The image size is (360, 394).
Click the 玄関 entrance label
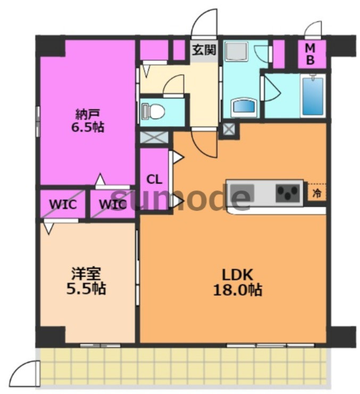click(x=204, y=50)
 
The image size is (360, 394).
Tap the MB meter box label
click(x=310, y=54)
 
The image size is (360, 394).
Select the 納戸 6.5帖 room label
click(x=88, y=121)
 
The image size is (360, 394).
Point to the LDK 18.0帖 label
click(x=237, y=282)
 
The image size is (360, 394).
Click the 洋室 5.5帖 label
click(x=86, y=281)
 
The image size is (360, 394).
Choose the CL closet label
click(x=154, y=179)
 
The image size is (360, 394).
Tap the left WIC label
click(x=63, y=204)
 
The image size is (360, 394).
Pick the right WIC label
click(x=112, y=204)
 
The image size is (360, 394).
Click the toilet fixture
click(x=153, y=111)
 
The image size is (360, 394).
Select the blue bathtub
click(x=313, y=96)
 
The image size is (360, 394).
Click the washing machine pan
click(x=236, y=51)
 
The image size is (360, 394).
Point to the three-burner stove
click(x=288, y=193)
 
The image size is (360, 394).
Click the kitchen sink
click(x=242, y=193)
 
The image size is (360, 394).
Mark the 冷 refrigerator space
click(x=316, y=193)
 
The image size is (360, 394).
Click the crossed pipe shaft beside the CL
click(x=154, y=137)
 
